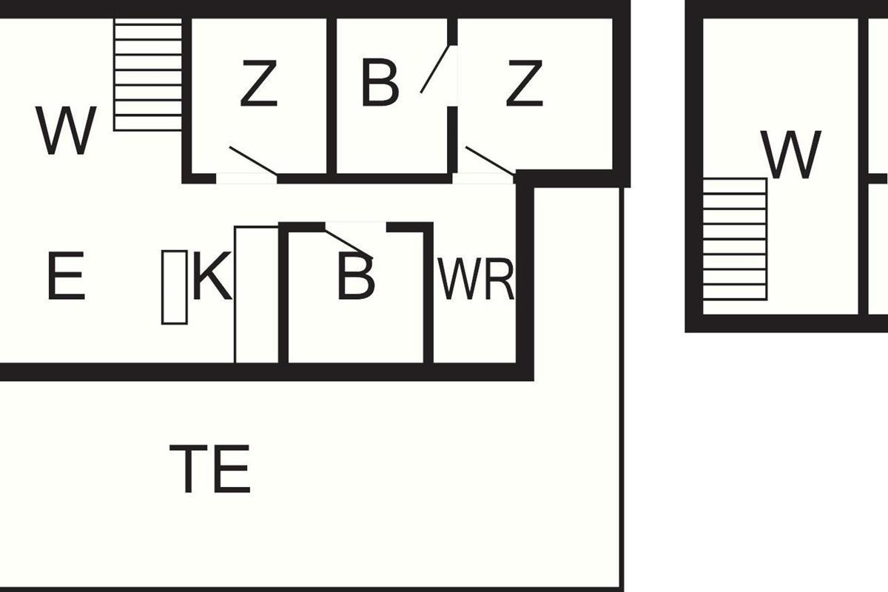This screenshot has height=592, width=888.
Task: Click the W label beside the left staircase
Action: coord(66,130)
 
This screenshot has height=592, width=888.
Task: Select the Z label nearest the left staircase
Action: coord(258,84)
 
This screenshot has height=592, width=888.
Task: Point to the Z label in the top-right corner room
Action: coord(524,84)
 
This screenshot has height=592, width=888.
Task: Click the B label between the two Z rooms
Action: coord(380,84)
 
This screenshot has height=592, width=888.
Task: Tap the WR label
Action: coord(476,279)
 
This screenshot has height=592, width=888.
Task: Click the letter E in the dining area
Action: coord(66,276)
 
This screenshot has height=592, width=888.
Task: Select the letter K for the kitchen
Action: coord(212,276)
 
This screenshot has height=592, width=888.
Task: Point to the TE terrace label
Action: coord(210,469)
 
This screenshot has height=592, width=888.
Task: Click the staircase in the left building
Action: coord(148,75)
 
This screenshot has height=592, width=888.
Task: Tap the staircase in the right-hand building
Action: coord(735,239)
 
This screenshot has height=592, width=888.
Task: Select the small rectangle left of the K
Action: coord(175,287)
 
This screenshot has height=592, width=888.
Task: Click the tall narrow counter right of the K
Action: coord(257,295)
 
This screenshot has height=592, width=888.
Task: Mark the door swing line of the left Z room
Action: coord(253,160)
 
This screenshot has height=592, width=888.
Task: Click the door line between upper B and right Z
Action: coord(435,69)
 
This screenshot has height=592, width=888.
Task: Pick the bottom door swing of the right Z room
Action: coord(491,160)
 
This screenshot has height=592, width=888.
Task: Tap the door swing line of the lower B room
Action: coord(349,244)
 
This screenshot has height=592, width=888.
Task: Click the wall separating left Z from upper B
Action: coord(332,96)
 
